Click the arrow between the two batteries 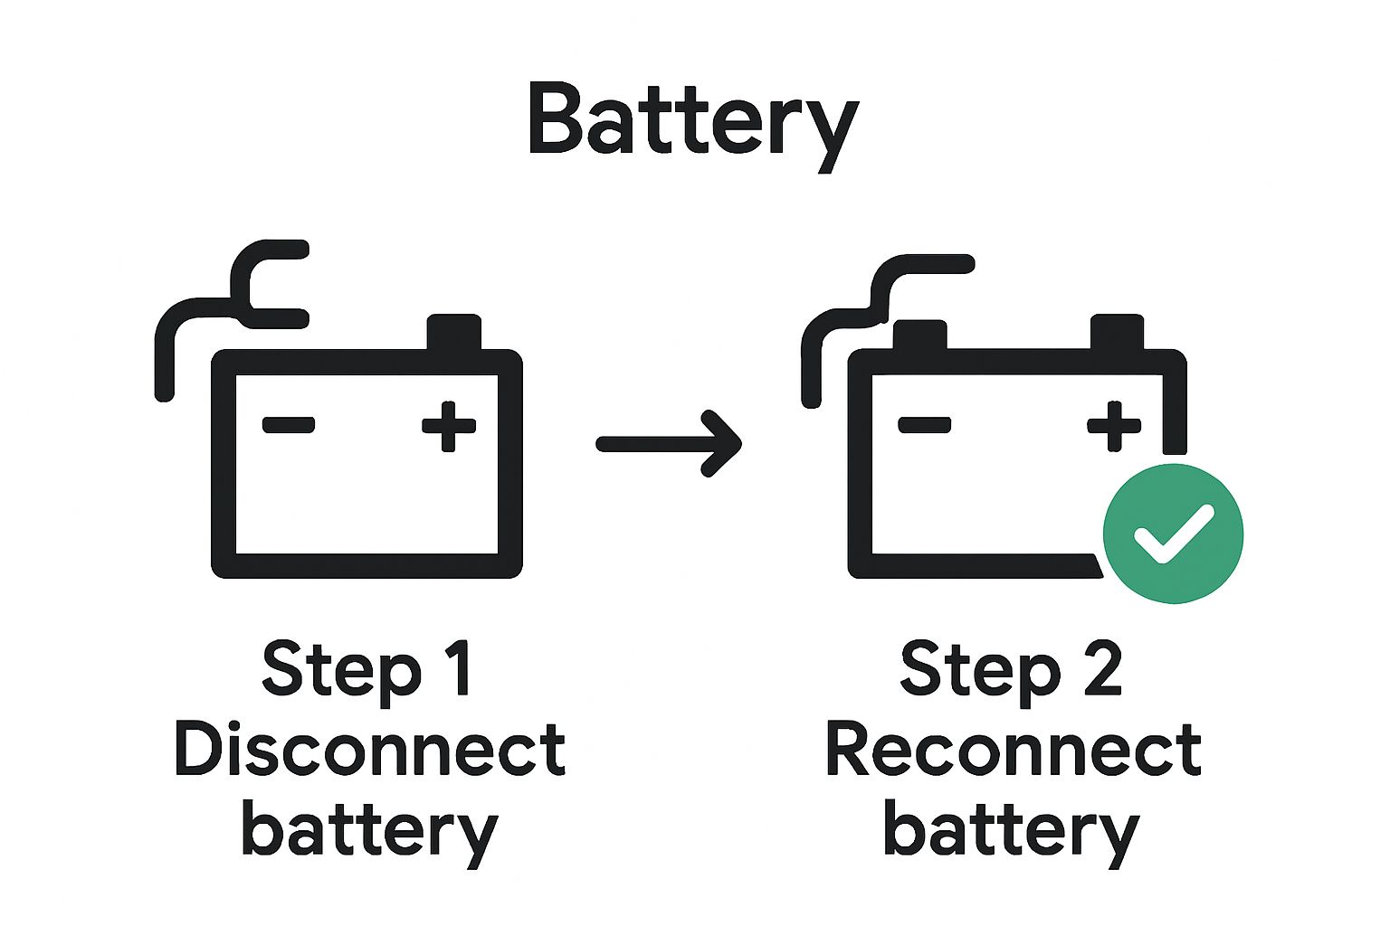click(670, 443)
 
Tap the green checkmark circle click(1173, 534)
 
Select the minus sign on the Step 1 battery click(289, 424)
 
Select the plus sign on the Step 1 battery click(449, 424)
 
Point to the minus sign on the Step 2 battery click(924, 424)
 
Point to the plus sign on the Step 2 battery click(1113, 424)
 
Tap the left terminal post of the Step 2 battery click(919, 335)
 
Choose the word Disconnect click(369, 751)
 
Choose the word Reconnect click(1013, 751)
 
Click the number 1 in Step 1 click(460, 669)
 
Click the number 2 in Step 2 click(1102, 669)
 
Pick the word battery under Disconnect click(369, 830)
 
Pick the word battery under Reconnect click(1010, 830)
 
